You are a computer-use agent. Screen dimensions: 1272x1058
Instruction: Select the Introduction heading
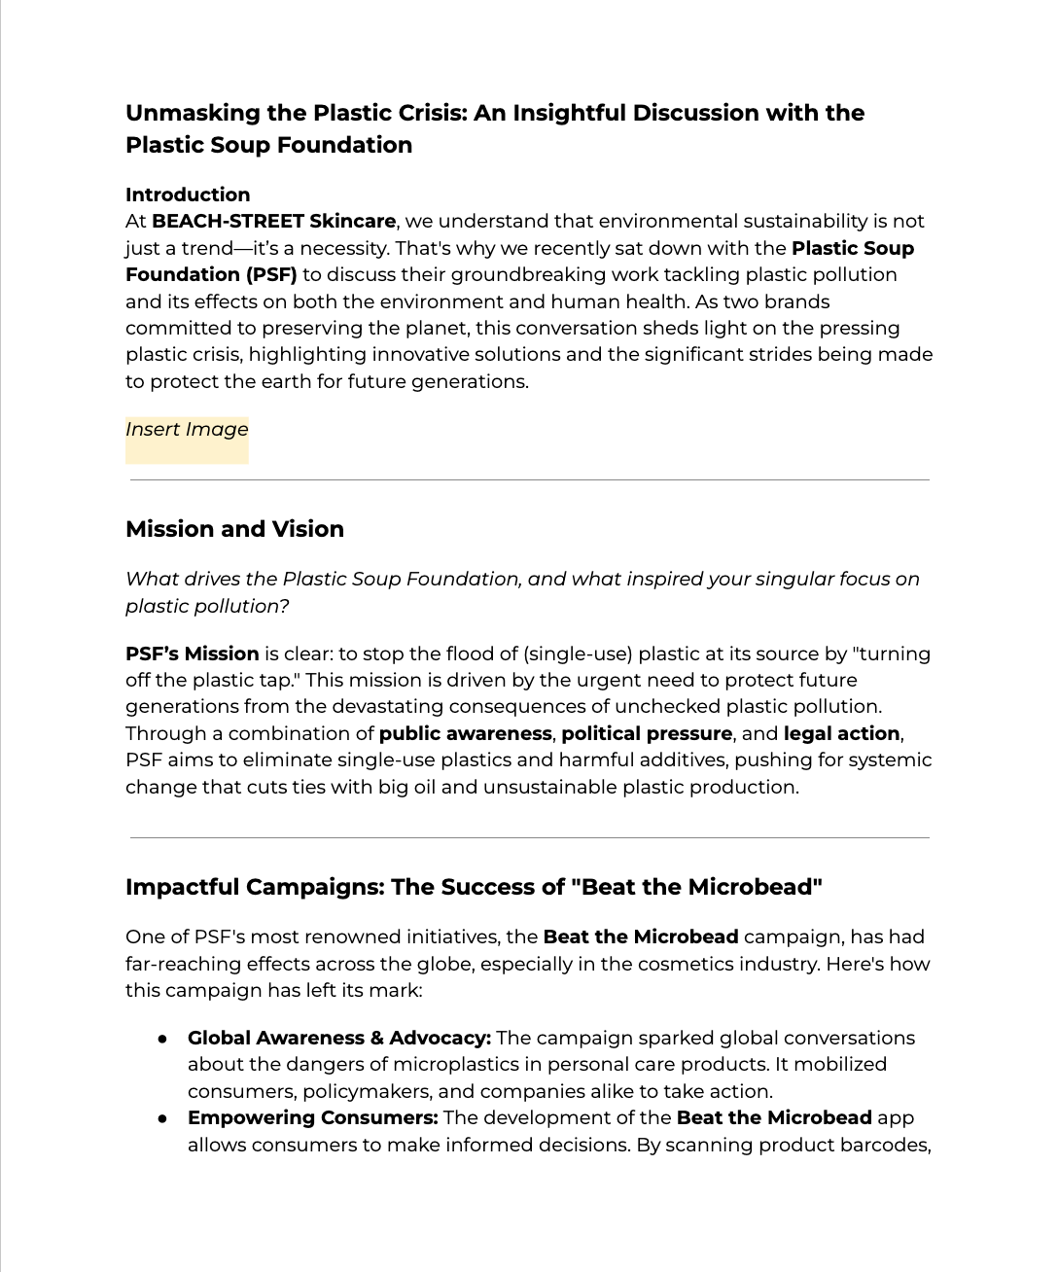coord(188,194)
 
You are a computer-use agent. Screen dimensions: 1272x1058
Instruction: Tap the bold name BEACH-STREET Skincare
coord(273,222)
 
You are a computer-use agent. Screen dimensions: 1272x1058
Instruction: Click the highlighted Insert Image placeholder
coord(187,430)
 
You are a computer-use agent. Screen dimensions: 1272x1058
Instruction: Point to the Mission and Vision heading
coord(234,529)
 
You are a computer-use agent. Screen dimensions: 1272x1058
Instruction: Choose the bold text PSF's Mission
coord(193,654)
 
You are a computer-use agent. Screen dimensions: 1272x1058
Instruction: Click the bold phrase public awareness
coord(465,733)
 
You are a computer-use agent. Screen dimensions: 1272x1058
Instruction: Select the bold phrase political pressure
coord(647,733)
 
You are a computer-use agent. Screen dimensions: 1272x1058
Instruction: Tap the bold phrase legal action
coord(842,733)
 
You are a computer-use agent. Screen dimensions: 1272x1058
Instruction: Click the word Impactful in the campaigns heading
coord(182,887)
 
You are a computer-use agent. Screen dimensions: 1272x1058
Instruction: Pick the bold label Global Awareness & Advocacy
coord(338,1038)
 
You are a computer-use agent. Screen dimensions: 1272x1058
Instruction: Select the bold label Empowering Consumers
coord(313,1117)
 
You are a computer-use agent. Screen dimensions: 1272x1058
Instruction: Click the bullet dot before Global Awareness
coord(163,1039)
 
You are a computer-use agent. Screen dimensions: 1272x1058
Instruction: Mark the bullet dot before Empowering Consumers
coord(163,1118)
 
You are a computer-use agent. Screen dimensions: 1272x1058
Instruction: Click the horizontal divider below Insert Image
coord(529,480)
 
